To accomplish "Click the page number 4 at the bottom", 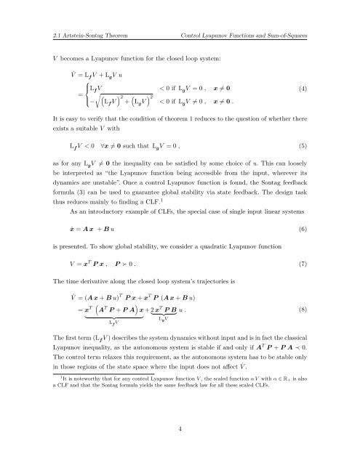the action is coord(179,429).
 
